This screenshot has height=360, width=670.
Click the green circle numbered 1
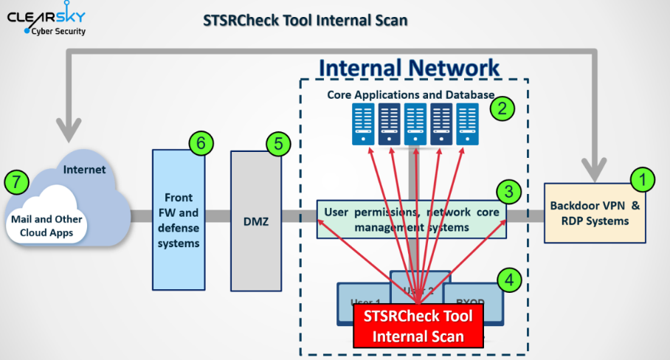click(x=642, y=179)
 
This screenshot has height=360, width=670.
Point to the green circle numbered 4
click(x=508, y=279)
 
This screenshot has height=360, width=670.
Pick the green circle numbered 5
click(x=277, y=144)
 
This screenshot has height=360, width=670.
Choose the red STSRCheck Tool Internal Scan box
click(x=418, y=325)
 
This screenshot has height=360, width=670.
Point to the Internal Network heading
click(x=409, y=69)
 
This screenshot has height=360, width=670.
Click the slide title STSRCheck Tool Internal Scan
click(x=305, y=20)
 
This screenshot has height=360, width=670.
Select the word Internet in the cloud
click(x=84, y=170)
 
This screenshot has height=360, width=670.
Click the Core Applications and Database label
click(x=410, y=94)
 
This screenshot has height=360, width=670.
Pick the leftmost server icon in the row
click(x=363, y=125)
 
